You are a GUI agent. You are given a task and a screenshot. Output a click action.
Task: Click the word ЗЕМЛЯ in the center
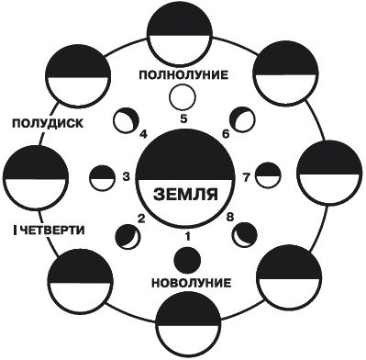point(183,195)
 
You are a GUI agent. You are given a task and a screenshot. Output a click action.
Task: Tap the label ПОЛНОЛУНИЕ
point(183,73)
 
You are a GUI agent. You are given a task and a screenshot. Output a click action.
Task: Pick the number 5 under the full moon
point(183,118)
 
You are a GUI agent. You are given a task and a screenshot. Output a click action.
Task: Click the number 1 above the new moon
point(188,236)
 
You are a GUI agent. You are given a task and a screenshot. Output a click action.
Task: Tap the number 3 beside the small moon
point(128,176)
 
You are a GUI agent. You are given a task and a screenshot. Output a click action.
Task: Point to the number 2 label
point(141,219)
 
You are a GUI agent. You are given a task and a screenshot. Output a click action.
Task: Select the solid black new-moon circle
point(183,257)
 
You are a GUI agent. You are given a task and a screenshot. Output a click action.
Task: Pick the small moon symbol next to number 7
point(267,175)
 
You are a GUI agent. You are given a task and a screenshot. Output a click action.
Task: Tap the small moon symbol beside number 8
point(244,235)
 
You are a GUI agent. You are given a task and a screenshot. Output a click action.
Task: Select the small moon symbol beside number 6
point(243,118)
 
